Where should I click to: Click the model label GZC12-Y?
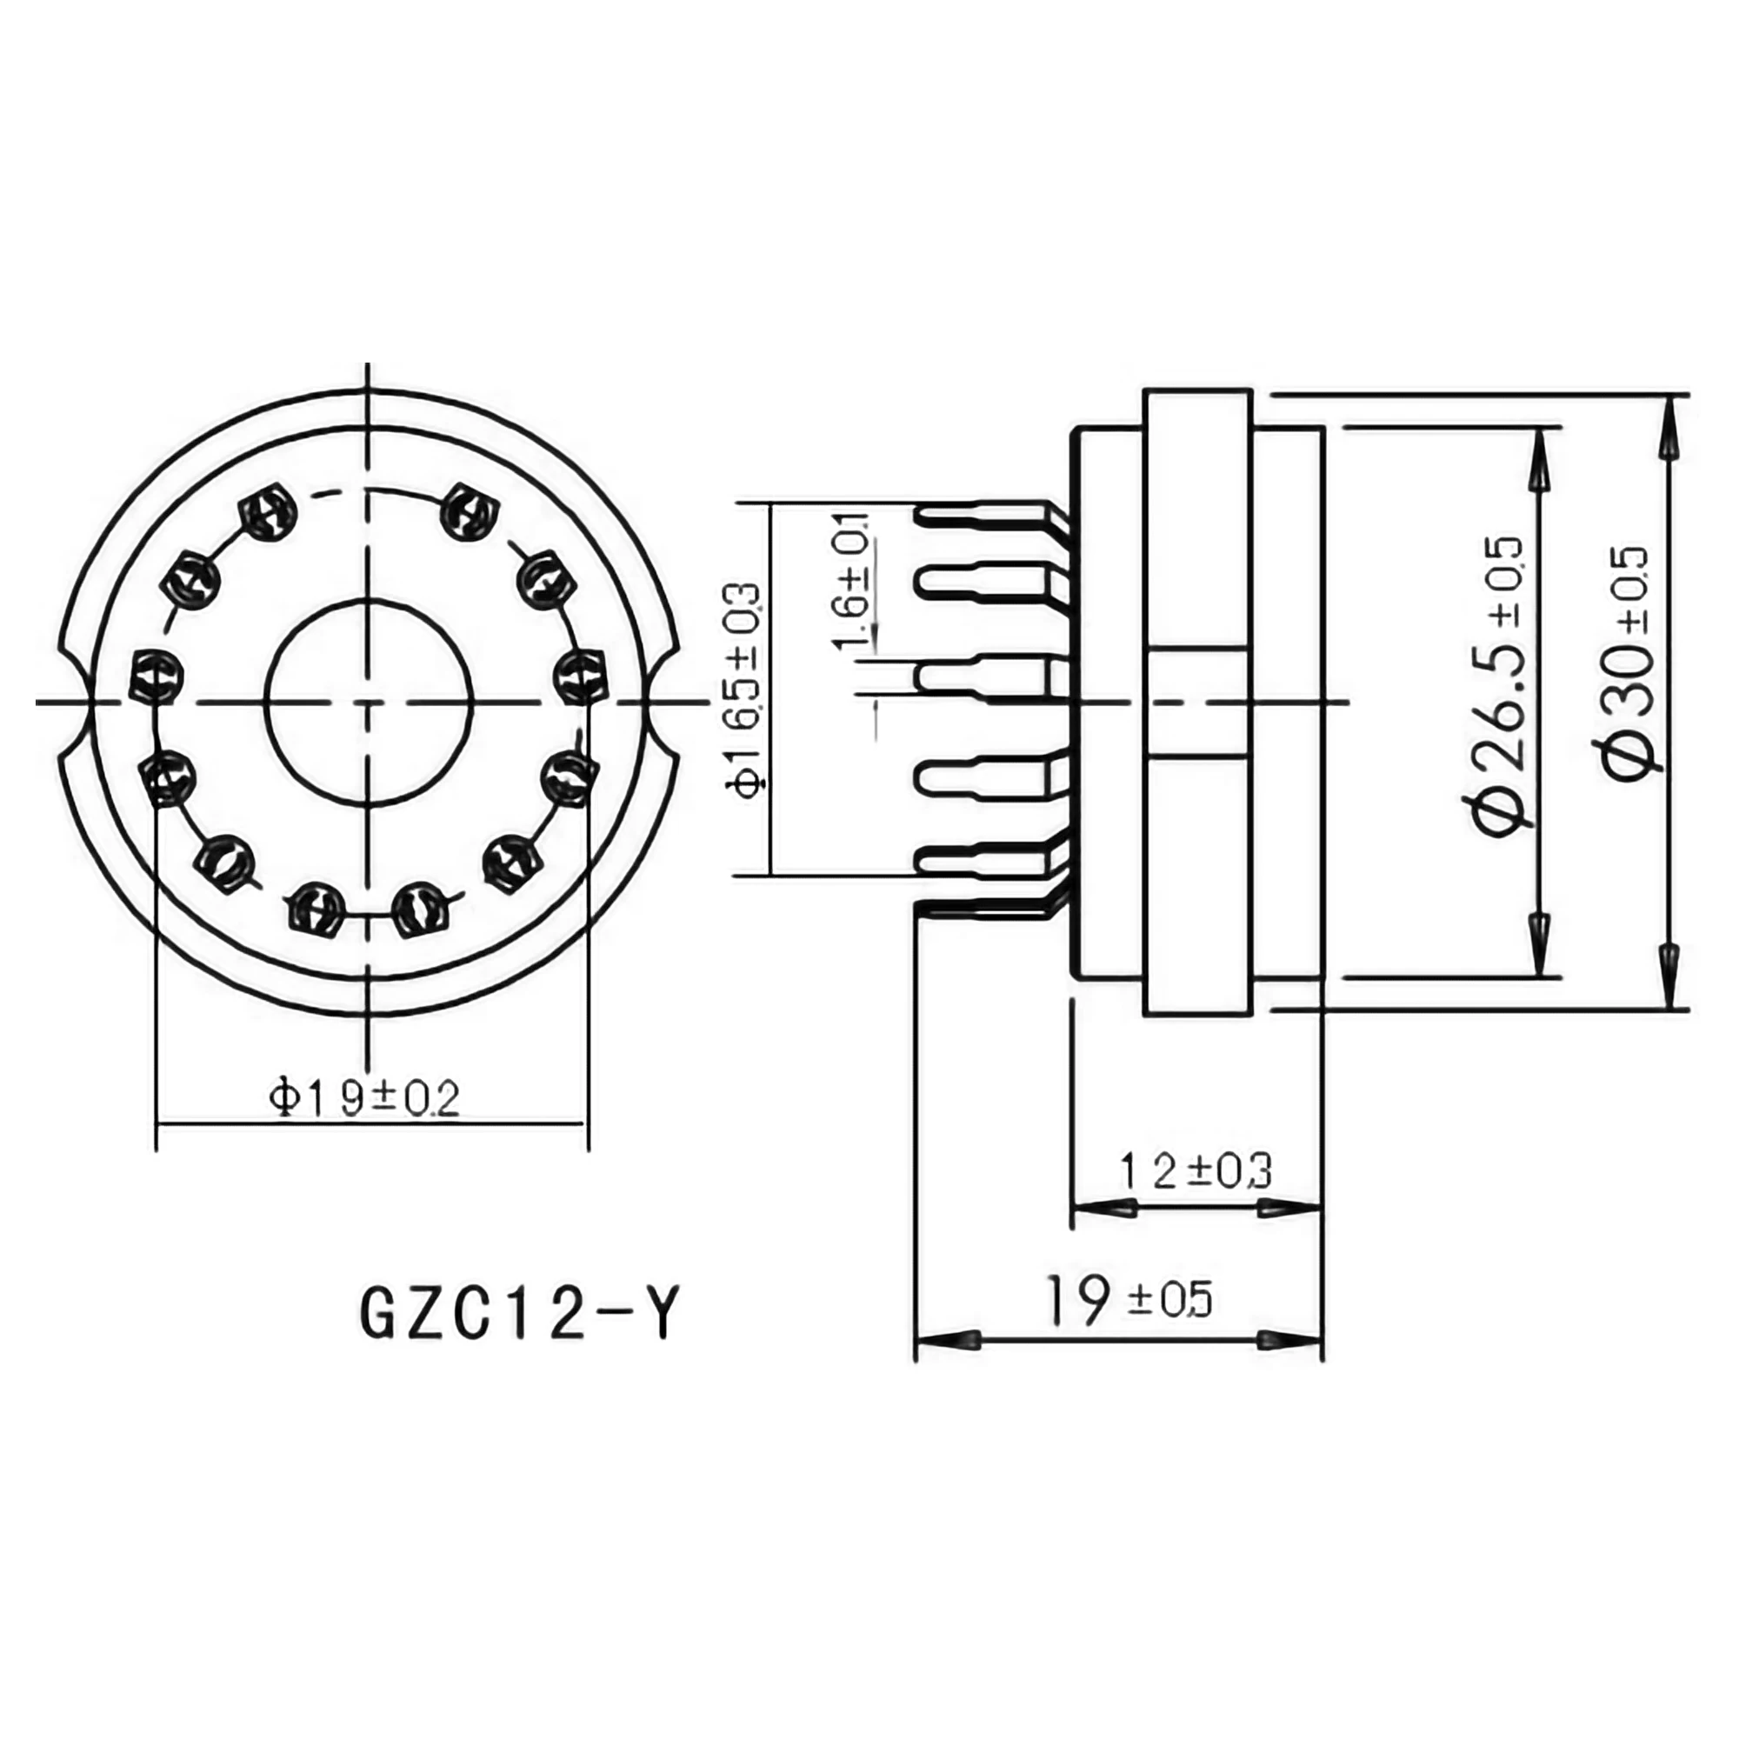[516, 1315]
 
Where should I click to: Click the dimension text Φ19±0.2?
[365, 1098]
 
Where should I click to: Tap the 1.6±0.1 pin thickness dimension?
[851, 581]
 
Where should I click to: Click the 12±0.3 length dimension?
[1196, 1171]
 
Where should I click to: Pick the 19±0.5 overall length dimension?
[1129, 1301]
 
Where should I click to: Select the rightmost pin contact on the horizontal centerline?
[578, 676]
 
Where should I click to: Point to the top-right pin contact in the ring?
[469, 512]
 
